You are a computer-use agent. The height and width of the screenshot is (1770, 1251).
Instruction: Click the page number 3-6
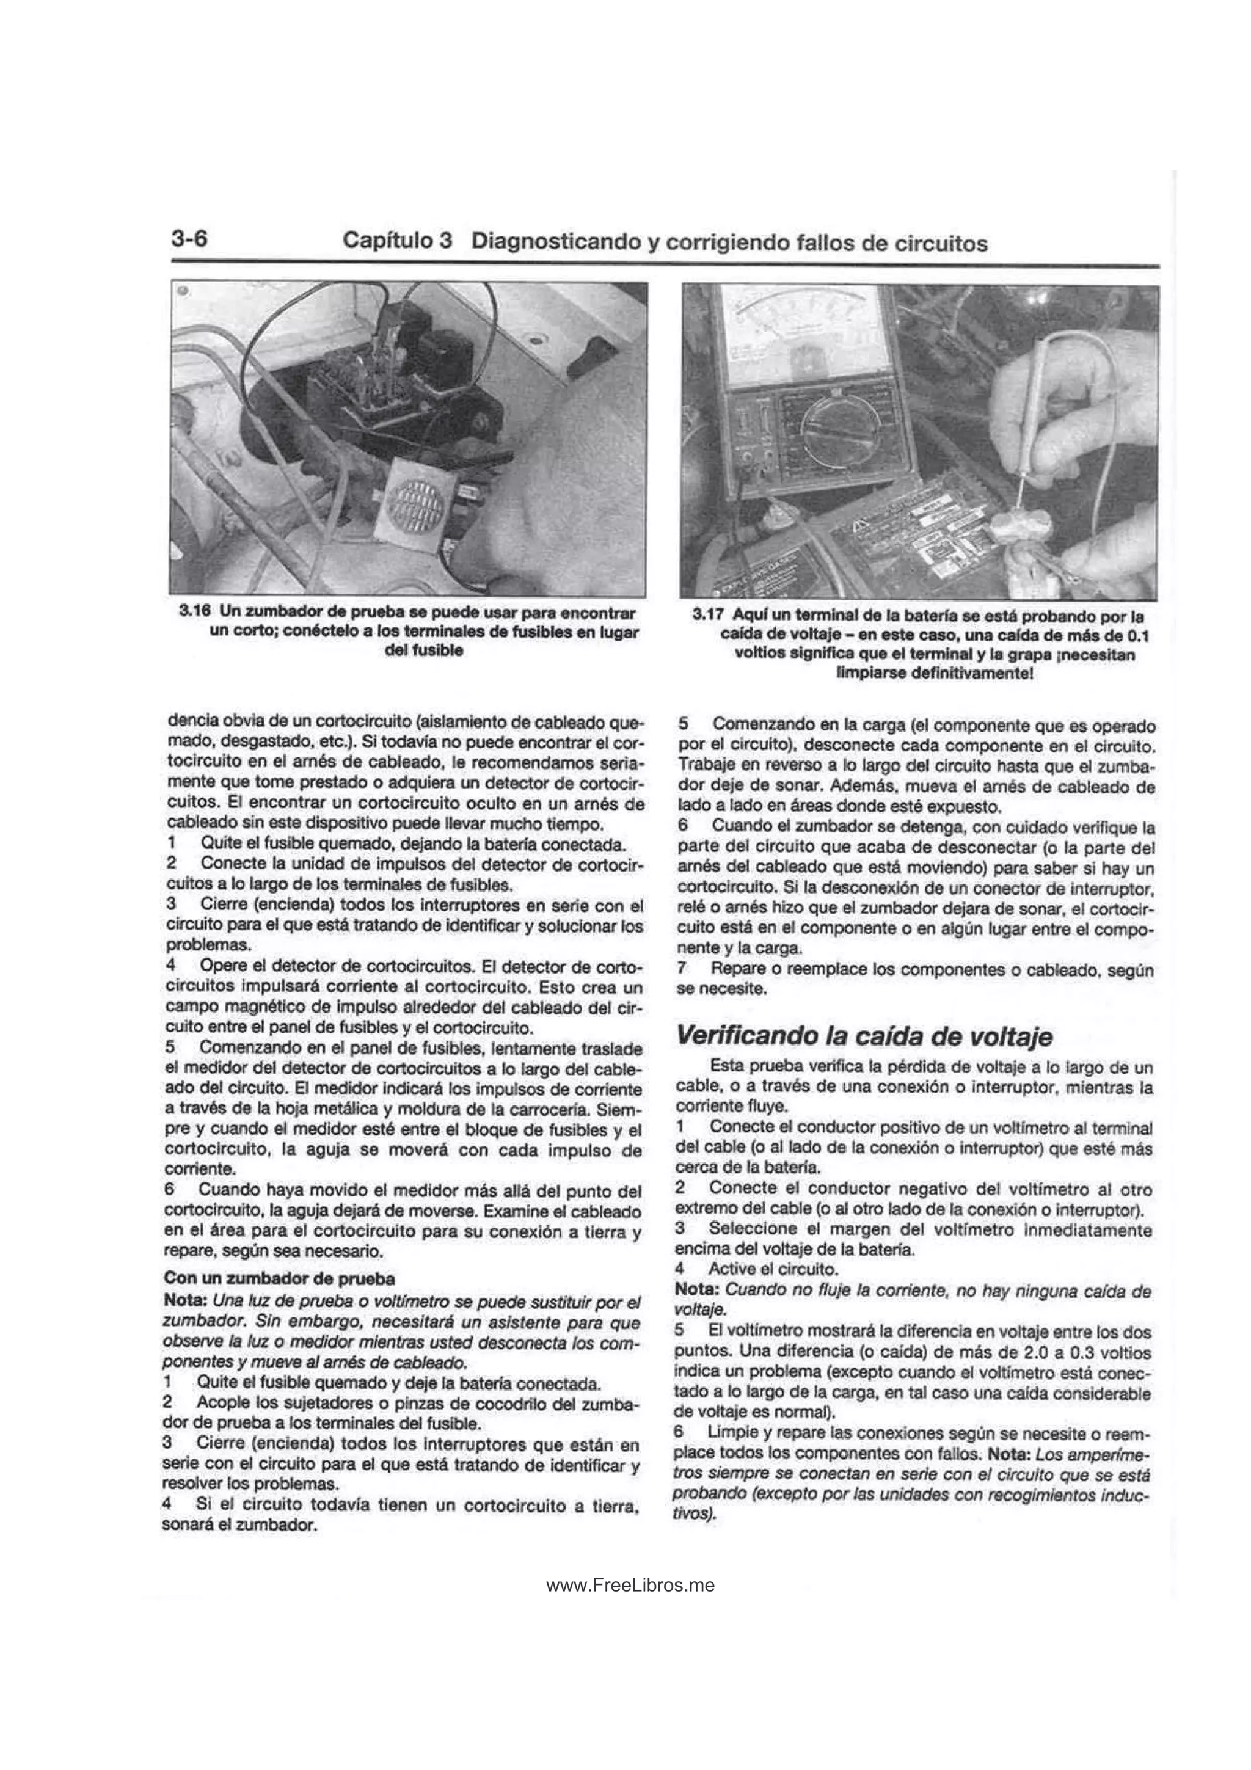tap(189, 238)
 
